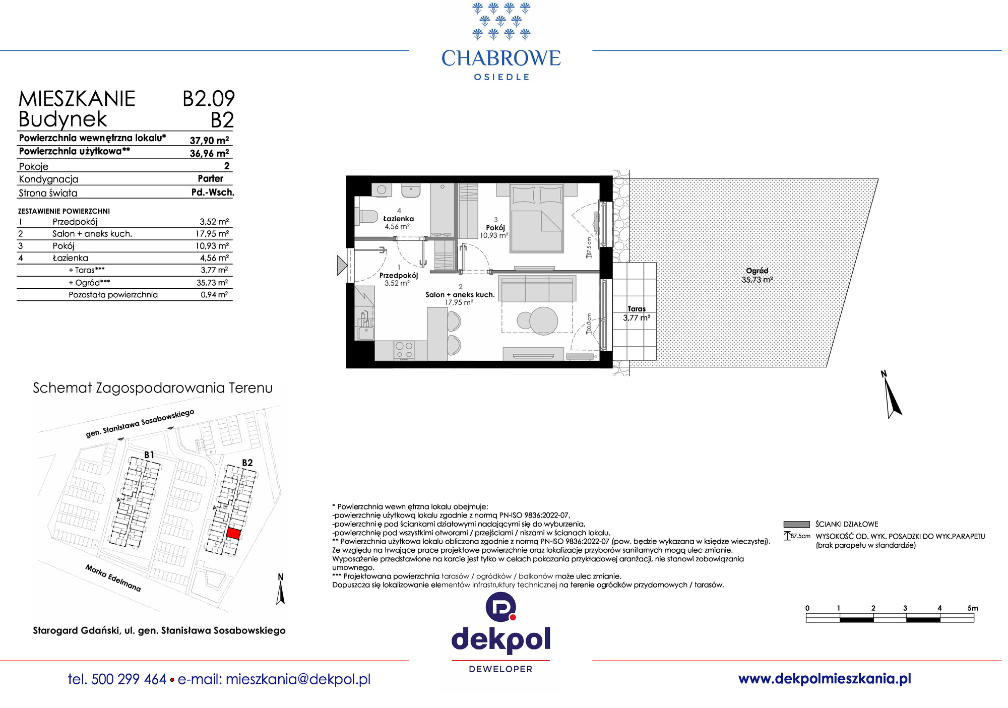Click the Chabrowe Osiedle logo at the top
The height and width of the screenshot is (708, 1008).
point(501,41)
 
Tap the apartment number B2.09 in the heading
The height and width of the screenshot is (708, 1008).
point(209,98)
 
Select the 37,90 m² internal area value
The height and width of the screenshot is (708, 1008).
point(209,140)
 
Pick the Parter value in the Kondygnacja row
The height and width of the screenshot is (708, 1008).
point(211,178)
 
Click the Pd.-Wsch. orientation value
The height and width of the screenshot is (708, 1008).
point(213,192)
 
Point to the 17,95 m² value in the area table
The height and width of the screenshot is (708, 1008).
point(212,233)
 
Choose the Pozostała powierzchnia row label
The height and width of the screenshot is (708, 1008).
point(113,295)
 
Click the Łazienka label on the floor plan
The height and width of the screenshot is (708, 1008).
point(398,219)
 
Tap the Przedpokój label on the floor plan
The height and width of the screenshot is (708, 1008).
point(399,276)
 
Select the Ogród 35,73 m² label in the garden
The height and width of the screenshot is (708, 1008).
point(757,275)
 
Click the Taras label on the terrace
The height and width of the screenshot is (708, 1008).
point(637,309)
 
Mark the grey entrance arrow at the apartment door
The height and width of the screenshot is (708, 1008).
point(342,265)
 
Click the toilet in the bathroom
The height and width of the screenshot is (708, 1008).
point(366,217)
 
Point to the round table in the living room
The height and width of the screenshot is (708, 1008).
point(543,320)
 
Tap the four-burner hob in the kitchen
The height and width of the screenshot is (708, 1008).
point(404,350)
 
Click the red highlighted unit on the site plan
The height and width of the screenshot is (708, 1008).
point(233,533)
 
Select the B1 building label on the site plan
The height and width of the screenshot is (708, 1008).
point(149,455)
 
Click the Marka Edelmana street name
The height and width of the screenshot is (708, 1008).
point(113,578)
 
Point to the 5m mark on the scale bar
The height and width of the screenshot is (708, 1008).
point(973,608)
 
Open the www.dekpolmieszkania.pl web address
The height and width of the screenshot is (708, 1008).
point(825,679)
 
